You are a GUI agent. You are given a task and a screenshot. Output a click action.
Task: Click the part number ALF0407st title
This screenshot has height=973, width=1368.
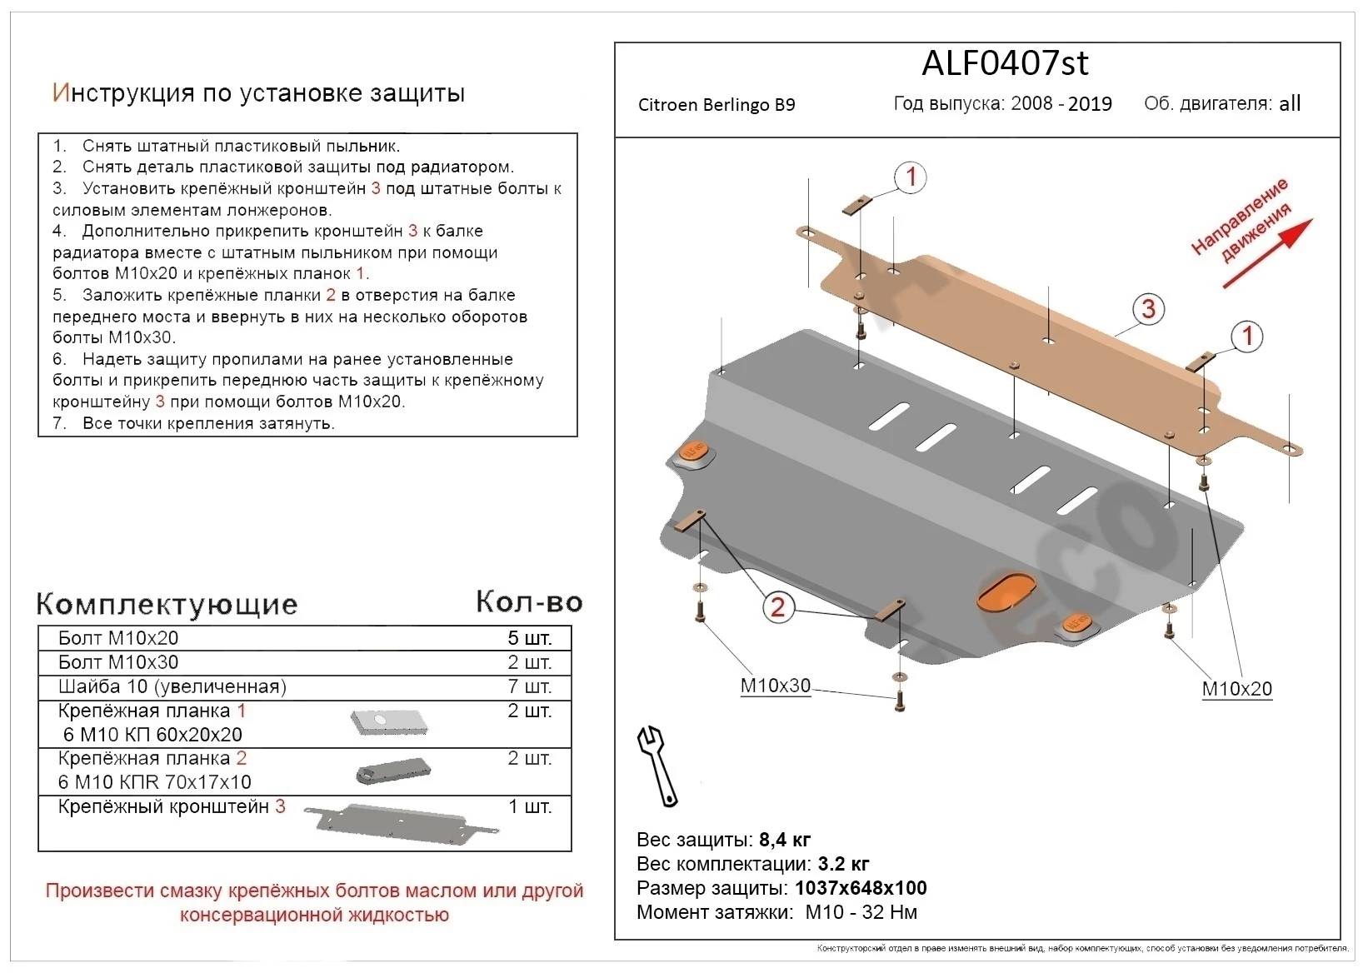pyautogui.click(x=1005, y=63)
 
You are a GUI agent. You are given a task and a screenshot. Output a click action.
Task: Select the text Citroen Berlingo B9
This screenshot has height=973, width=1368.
pyautogui.click(x=716, y=105)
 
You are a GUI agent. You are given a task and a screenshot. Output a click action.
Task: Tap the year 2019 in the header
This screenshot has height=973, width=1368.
pyautogui.click(x=1090, y=104)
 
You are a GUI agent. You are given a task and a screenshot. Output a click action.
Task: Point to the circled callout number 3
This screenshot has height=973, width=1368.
pyautogui.click(x=1148, y=309)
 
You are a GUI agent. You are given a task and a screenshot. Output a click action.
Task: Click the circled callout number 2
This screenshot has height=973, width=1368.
pyautogui.click(x=777, y=606)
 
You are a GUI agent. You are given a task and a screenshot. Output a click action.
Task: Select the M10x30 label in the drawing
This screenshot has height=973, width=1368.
pyautogui.click(x=775, y=686)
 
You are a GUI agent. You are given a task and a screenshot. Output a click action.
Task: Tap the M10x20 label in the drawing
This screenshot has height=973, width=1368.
pyautogui.click(x=1236, y=689)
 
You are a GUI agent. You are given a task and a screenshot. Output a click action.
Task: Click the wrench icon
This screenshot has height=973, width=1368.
pyautogui.click(x=657, y=765)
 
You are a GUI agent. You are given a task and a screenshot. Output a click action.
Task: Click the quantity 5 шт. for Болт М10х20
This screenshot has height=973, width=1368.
pyautogui.click(x=530, y=638)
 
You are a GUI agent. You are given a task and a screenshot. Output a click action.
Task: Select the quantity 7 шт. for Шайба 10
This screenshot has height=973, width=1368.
pyautogui.click(x=530, y=686)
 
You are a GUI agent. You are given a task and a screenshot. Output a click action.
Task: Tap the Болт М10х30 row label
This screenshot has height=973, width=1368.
pyautogui.click(x=118, y=662)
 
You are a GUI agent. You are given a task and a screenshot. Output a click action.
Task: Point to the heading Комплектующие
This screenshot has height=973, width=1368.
pyautogui.click(x=167, y=604)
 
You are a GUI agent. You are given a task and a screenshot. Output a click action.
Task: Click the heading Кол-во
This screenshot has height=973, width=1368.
pyautogui.click(x=529, y=601)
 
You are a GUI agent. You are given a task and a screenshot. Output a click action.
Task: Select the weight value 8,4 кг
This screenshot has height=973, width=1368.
pyautogui.click(x=784, y=840)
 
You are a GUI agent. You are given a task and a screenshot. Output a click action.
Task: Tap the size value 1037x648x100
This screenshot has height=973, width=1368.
pyautogui.click(x=860, y=888)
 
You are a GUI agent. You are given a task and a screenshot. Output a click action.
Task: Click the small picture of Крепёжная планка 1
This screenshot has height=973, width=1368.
pyautogui.click(x=388, y=722)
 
